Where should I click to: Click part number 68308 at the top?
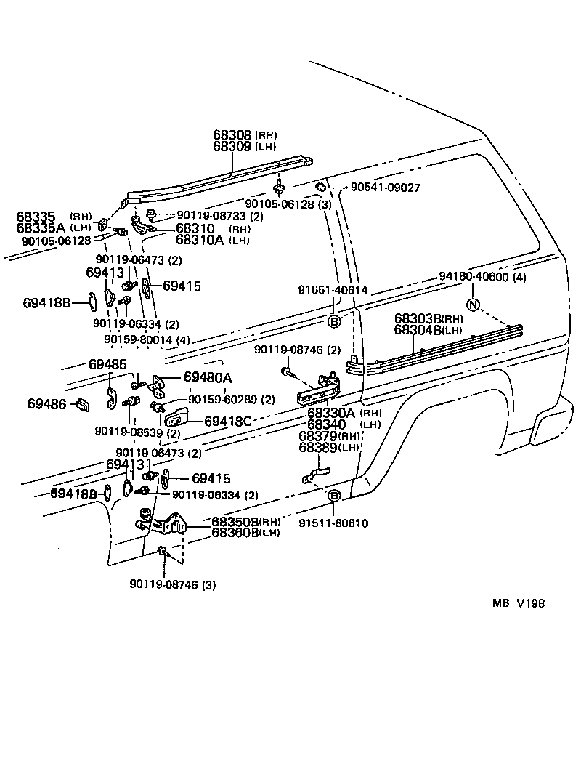232,135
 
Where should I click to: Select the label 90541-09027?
385,188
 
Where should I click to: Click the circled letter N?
473,305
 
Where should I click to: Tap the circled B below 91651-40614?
334,322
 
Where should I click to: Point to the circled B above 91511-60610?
334,496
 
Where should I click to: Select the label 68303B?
418,318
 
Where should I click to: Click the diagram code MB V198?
519,603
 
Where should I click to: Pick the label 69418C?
227,422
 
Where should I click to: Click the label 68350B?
235,522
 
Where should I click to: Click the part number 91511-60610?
333,523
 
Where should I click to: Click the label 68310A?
200,239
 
